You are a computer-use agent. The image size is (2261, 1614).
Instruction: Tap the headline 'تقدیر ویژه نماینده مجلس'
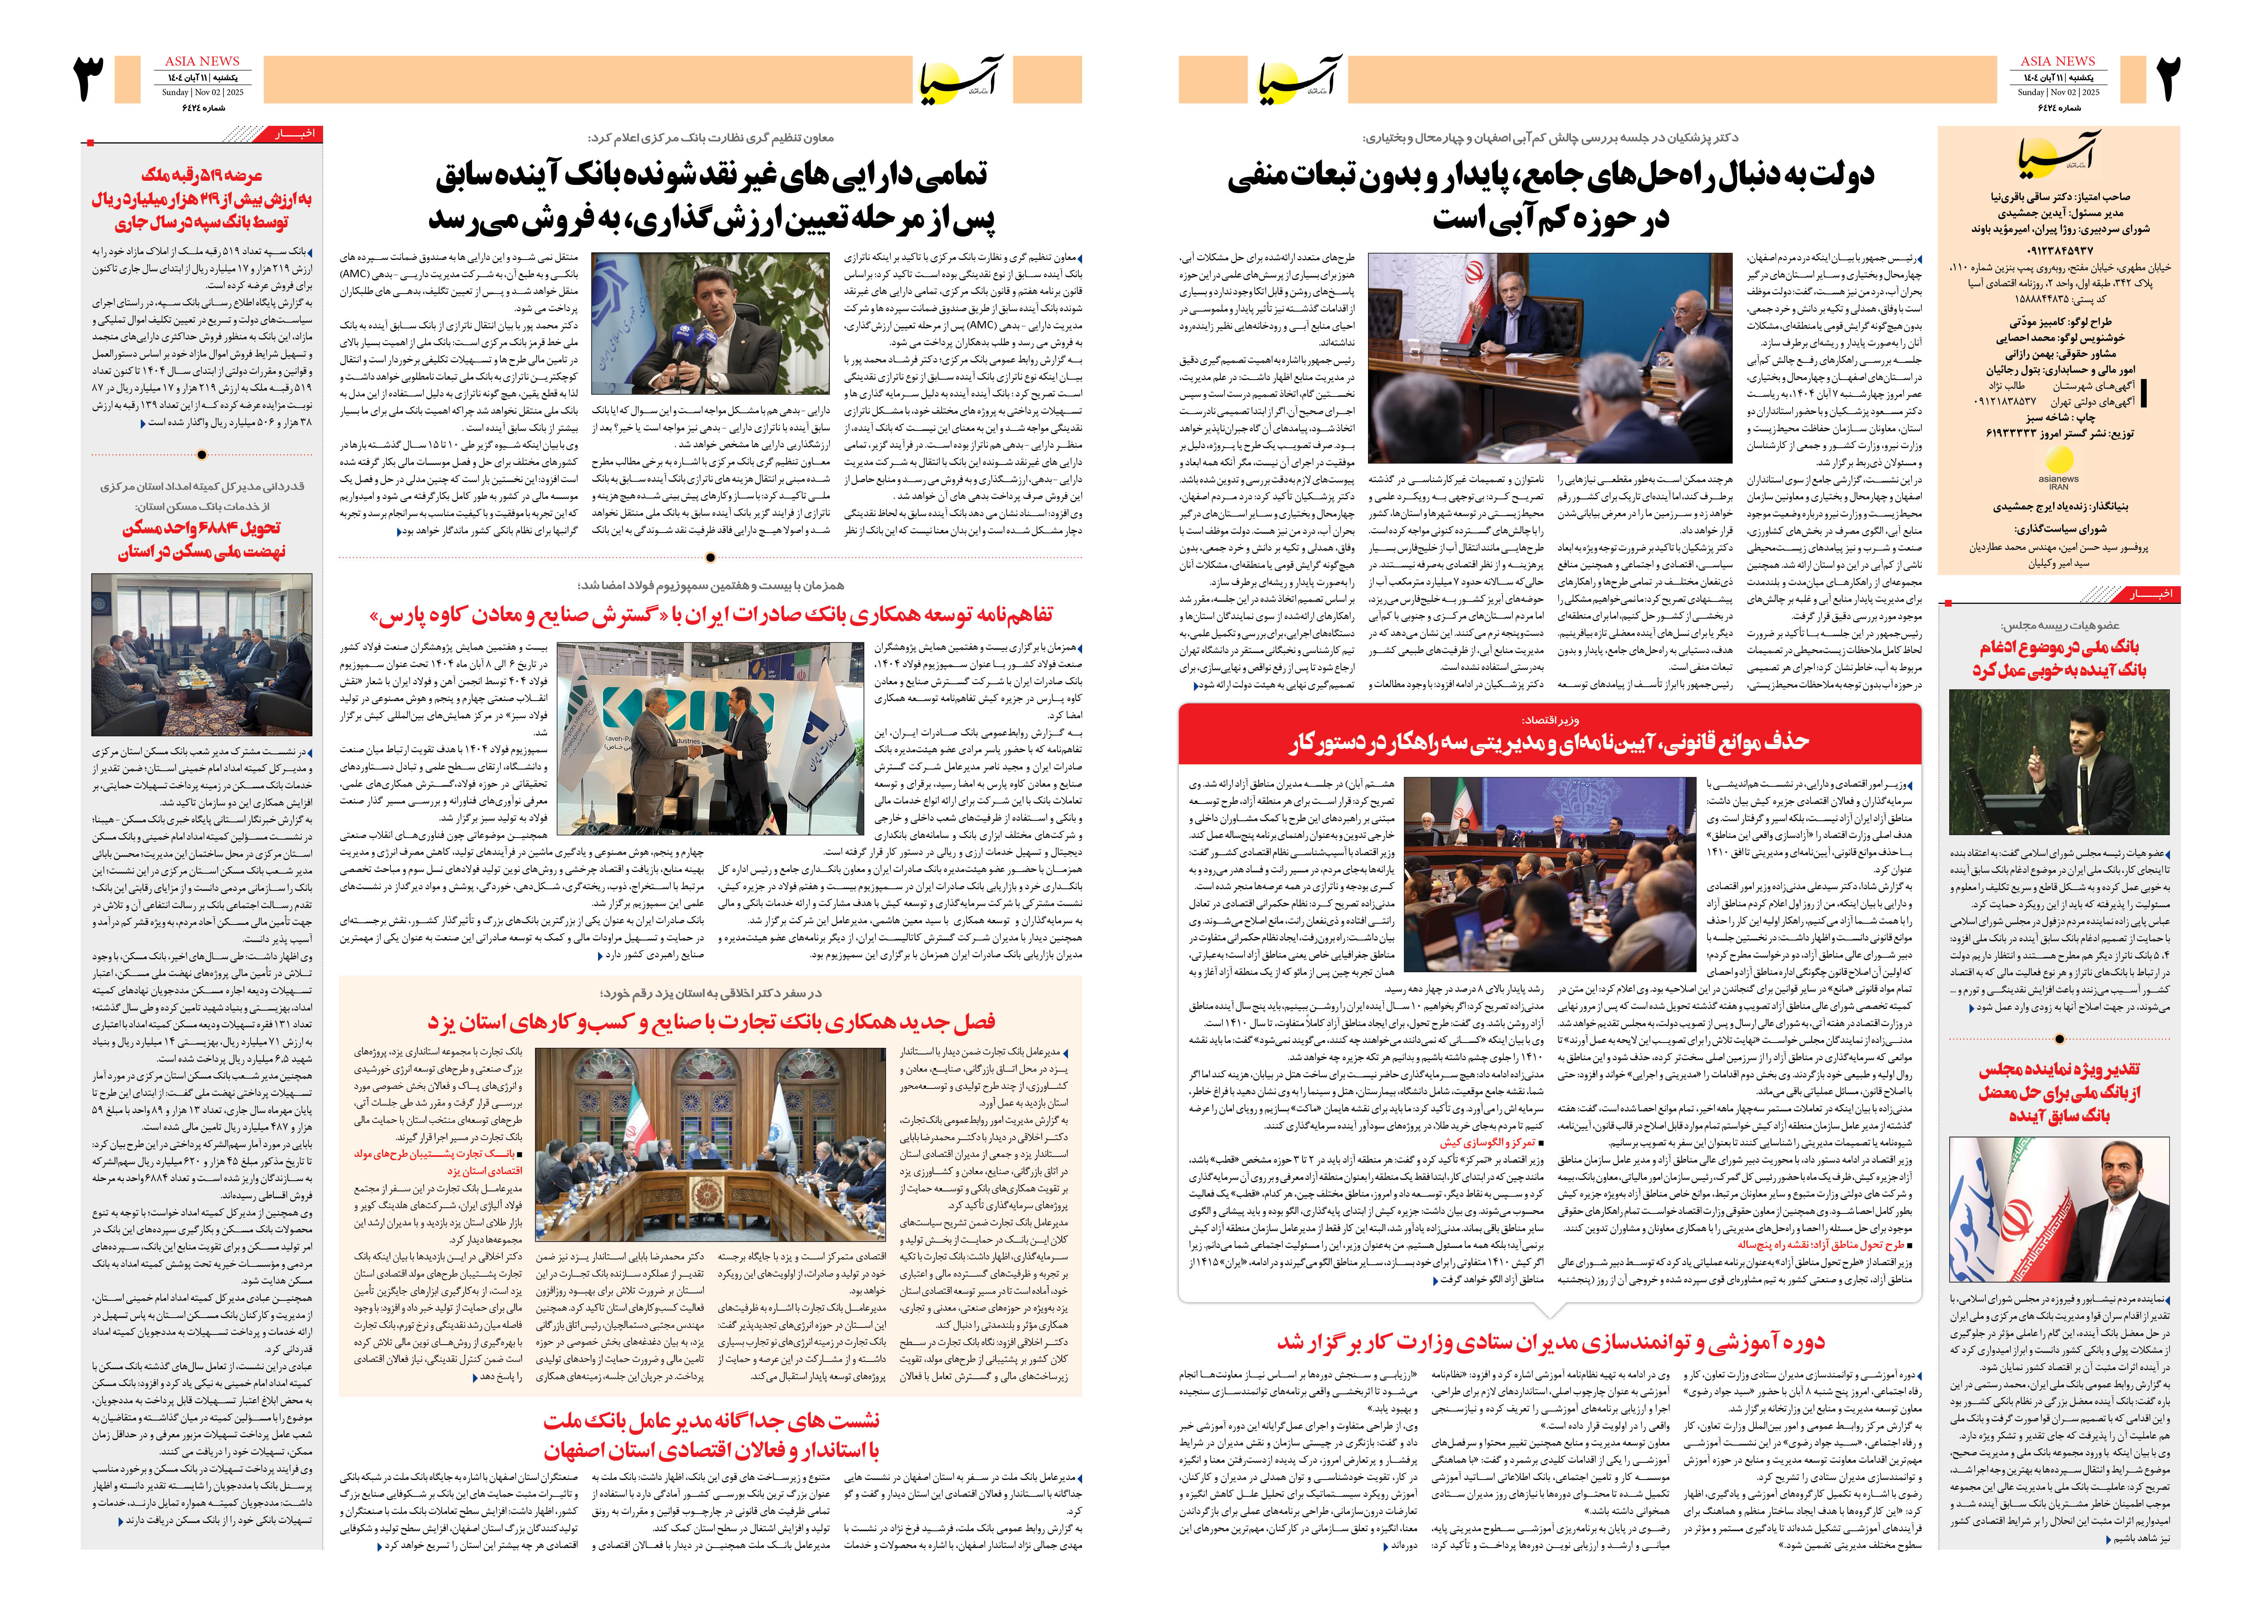coord(2058,1091)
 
